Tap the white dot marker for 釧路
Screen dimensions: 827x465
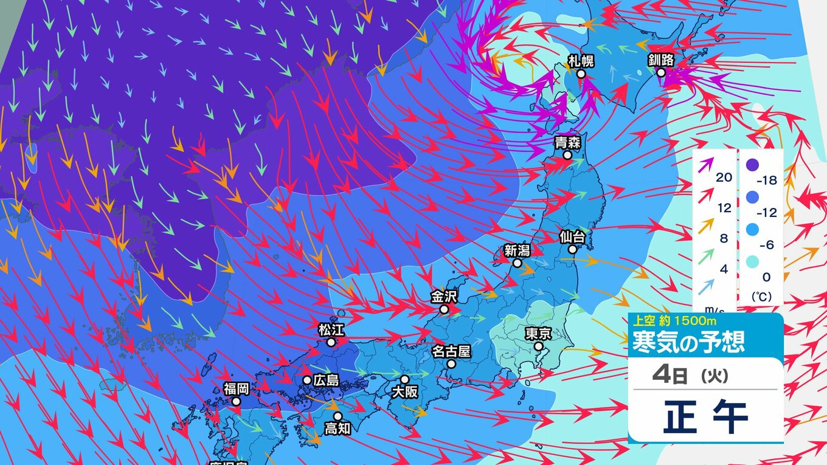pos(661,72)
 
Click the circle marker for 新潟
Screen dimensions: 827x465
pos(517,263)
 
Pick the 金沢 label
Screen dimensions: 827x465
pos(443,297)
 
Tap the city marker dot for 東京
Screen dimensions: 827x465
pos(538,346)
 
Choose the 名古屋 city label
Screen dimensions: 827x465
pos(451,351)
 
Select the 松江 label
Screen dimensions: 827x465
pos(331,330)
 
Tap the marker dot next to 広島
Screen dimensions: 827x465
pos(307,381)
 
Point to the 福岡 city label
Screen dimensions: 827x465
pos(235,388)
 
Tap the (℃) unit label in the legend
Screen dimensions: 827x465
pos(760,298)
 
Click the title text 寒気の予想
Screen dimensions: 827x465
pos(688,342)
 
